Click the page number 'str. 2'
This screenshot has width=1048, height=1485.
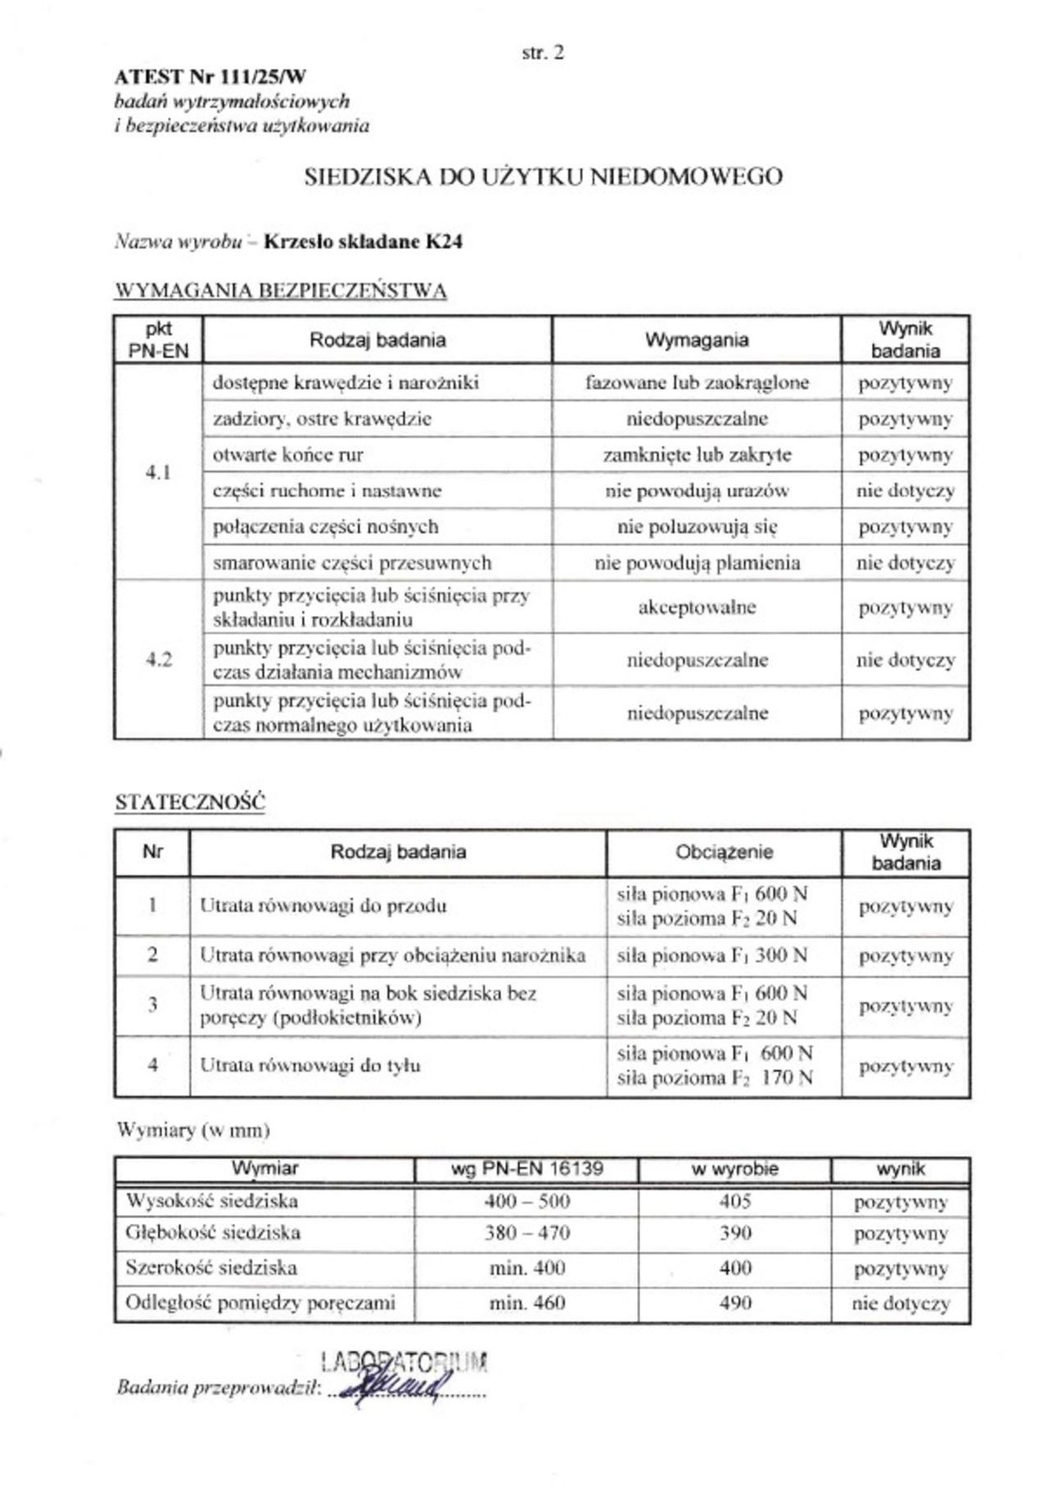coord(543,53)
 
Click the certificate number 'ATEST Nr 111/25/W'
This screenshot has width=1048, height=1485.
coord(210,78)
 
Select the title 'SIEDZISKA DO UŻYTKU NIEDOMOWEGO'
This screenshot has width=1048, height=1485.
coord(543,177)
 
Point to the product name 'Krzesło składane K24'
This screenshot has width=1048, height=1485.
coord(363,242)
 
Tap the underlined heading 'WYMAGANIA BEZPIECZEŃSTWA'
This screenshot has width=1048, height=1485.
coord(281,291)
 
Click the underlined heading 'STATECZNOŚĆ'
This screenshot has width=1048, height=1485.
coord(190,803)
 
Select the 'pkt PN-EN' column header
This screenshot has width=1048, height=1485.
coord(158,340)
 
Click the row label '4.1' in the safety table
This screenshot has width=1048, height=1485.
coord(158,472)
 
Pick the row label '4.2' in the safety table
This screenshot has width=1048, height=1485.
coord(158,659)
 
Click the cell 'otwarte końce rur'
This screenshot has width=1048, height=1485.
coord(287,455)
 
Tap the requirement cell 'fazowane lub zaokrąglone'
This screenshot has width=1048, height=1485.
coord(697,382)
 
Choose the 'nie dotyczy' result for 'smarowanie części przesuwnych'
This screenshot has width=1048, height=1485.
coord(906,563)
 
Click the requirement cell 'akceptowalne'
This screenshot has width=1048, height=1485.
coord(697,607)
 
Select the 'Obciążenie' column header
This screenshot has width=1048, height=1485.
coord(724,853)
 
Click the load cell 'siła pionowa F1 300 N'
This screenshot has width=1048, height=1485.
coord(711,956)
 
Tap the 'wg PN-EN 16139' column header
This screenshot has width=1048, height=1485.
coord(526,1169)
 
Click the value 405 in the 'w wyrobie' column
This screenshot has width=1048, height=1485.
coord(734,1201)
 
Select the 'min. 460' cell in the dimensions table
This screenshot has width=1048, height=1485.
coord(526,1303)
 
